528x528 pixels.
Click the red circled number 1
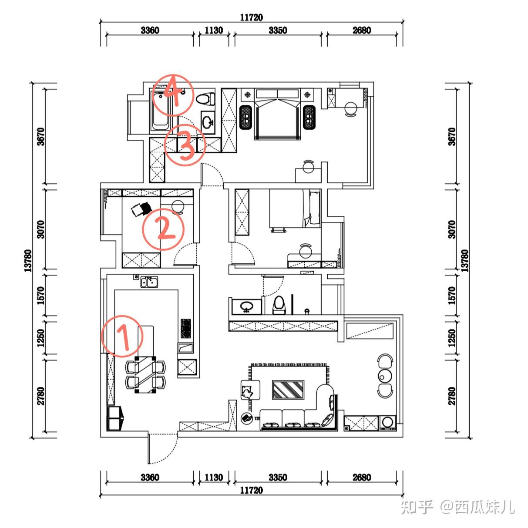tap(122, 336)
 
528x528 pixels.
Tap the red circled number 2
tap(163, 229)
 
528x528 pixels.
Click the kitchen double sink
tap(149, 282)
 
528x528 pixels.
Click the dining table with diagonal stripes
tap(145, 375)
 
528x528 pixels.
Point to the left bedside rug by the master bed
tap(246, 117)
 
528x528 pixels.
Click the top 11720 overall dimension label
tap(252, 17)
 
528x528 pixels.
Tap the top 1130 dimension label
tap(214, 30)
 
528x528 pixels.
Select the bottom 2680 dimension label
tap(362, 478)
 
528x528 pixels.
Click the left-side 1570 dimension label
tap(40, 296)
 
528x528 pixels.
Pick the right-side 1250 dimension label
tap(452, 338)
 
